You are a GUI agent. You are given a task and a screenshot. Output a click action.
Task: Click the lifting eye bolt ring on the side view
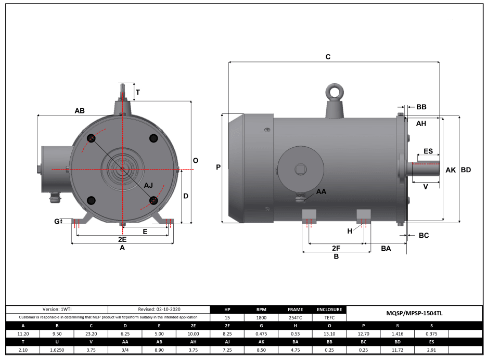pyautogui.click(x=333, y=92)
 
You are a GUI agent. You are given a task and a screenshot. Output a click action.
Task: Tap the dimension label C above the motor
pyautogui.click(x=328, y=57)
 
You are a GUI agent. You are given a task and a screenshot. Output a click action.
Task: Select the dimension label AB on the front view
pyautogui.click(x=80, y=111)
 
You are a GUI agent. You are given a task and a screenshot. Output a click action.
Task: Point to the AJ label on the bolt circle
pyautogui.click(x=149, y=185)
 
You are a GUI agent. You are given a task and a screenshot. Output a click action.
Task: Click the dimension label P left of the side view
pyautogui.click(x=218, y=168)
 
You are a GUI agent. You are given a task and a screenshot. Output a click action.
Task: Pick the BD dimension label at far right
pyautogui.click(x=466, y=170)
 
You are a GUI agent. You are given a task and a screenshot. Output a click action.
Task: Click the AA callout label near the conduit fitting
pyautogui.click(x=321, y=191)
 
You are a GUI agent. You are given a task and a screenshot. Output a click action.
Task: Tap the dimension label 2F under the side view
pyautogui.click(x=336, y=248)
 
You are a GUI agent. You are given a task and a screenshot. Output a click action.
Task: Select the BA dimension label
pyautogui.click(x=386, y=249)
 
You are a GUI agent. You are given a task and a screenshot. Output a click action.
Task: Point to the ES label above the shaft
pyautogui.click(x=428, y=151)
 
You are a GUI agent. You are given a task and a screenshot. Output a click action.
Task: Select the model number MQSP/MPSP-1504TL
pyautogui.click(x=414, y=313)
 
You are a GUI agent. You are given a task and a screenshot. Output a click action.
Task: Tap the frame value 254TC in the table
pyautogui.click(x=295, y=317)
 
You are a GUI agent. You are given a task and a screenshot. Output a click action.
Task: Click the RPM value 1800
pyautogui.click(x=261, y=317)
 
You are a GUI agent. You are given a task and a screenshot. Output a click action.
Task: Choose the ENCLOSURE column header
pyautogui.click(x=329, y=310)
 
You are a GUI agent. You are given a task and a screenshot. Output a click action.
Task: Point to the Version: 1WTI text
pyautogui.click(x=57, y=309)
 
